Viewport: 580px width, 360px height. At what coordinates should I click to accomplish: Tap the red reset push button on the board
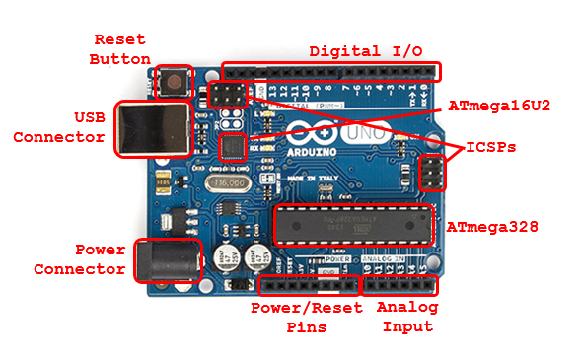pos(174,81)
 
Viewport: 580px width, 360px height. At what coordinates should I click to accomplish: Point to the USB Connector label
pos(59,126)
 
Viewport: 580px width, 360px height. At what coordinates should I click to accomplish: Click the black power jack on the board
pos(166,258)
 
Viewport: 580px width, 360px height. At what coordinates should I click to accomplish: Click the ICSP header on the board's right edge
pos(432,174)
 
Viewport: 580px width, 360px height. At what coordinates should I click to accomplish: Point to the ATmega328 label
pos(491,227)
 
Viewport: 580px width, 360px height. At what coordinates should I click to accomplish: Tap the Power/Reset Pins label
pos(306,317)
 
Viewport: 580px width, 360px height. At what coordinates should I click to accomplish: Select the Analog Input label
pos(407,317)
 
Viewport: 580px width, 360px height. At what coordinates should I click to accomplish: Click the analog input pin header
pos(399,285)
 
